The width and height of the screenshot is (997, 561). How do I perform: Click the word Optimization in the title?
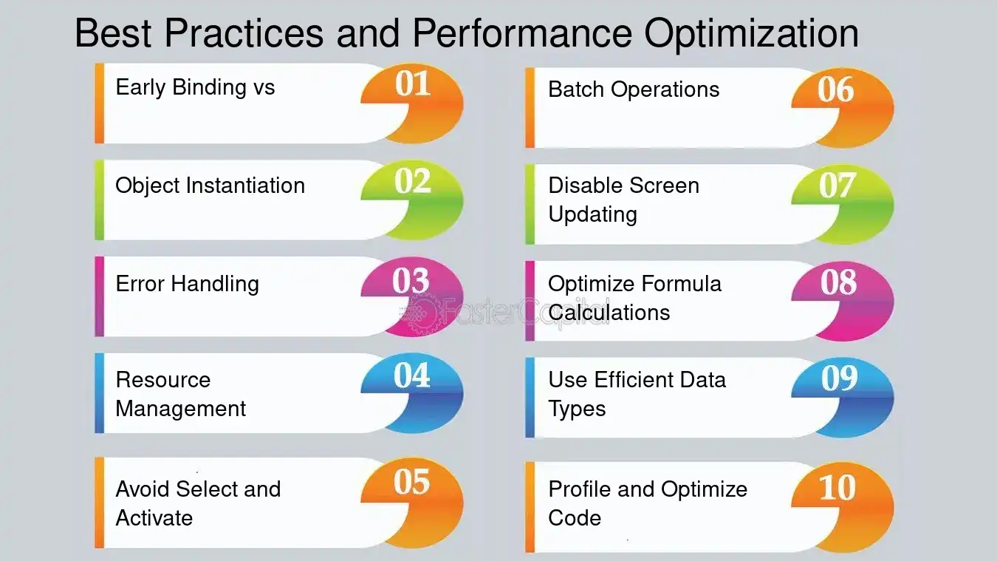751,35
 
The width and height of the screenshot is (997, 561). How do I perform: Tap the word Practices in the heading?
244,33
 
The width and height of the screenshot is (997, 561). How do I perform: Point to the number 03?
411,281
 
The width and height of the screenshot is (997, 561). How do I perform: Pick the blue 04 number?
411,375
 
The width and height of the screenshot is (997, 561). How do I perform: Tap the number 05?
411,482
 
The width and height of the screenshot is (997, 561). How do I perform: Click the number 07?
837,186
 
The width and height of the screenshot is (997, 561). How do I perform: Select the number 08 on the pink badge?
838,282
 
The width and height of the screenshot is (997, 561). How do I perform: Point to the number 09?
840,378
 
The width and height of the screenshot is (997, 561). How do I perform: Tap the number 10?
837,488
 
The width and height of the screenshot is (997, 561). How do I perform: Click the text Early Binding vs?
196,87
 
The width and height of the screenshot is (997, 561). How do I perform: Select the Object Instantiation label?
210,186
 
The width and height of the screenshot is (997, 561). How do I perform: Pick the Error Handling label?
187,284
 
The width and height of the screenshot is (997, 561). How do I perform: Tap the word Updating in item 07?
593,215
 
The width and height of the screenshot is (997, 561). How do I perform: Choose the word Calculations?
609,313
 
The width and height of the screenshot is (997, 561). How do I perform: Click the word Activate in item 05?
154,518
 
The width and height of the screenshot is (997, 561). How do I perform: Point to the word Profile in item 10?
580,489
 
